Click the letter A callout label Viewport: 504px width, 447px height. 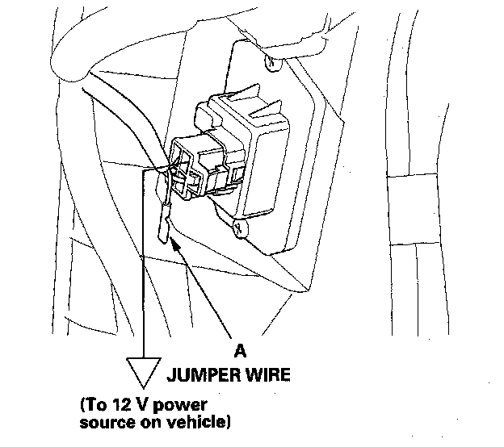240,350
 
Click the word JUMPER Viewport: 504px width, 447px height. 204,374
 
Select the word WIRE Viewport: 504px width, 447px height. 268,374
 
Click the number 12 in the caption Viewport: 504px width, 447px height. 122,404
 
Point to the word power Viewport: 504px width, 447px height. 179,406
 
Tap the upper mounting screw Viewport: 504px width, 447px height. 272,62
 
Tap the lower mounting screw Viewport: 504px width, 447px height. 240,228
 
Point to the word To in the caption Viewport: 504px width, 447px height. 95,404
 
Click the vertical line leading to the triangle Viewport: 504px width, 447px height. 143,264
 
